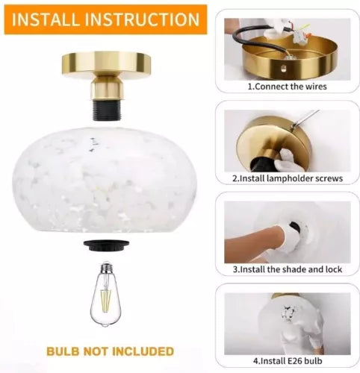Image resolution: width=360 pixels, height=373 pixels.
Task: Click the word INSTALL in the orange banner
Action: [x=46, y=19]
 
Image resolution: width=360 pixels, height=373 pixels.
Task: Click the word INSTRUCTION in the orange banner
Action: [x=143, y=19]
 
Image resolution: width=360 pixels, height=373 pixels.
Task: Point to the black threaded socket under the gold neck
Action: [x=107, y=109]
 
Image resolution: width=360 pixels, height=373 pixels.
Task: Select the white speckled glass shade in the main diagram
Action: [x=105, y=180]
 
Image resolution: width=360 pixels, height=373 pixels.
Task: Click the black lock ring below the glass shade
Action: [x=107, y=245]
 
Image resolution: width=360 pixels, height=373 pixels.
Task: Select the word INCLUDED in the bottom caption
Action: [x=143, y=351]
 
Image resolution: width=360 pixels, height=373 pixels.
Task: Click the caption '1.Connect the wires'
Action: [x=287, y=87]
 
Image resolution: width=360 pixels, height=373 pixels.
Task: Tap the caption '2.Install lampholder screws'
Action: [x=288, y=178]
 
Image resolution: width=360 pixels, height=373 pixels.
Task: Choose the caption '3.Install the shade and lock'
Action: [x=288, y=269]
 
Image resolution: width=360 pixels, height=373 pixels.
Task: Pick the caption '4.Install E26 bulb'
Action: [x=288, y=361]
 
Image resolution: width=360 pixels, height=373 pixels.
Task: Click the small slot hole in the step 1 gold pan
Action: [x=283, y=68]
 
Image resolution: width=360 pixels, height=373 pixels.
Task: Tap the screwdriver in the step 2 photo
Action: [x=305, y=119]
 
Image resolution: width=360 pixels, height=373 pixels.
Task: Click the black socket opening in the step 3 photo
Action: [x=296, y=227]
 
